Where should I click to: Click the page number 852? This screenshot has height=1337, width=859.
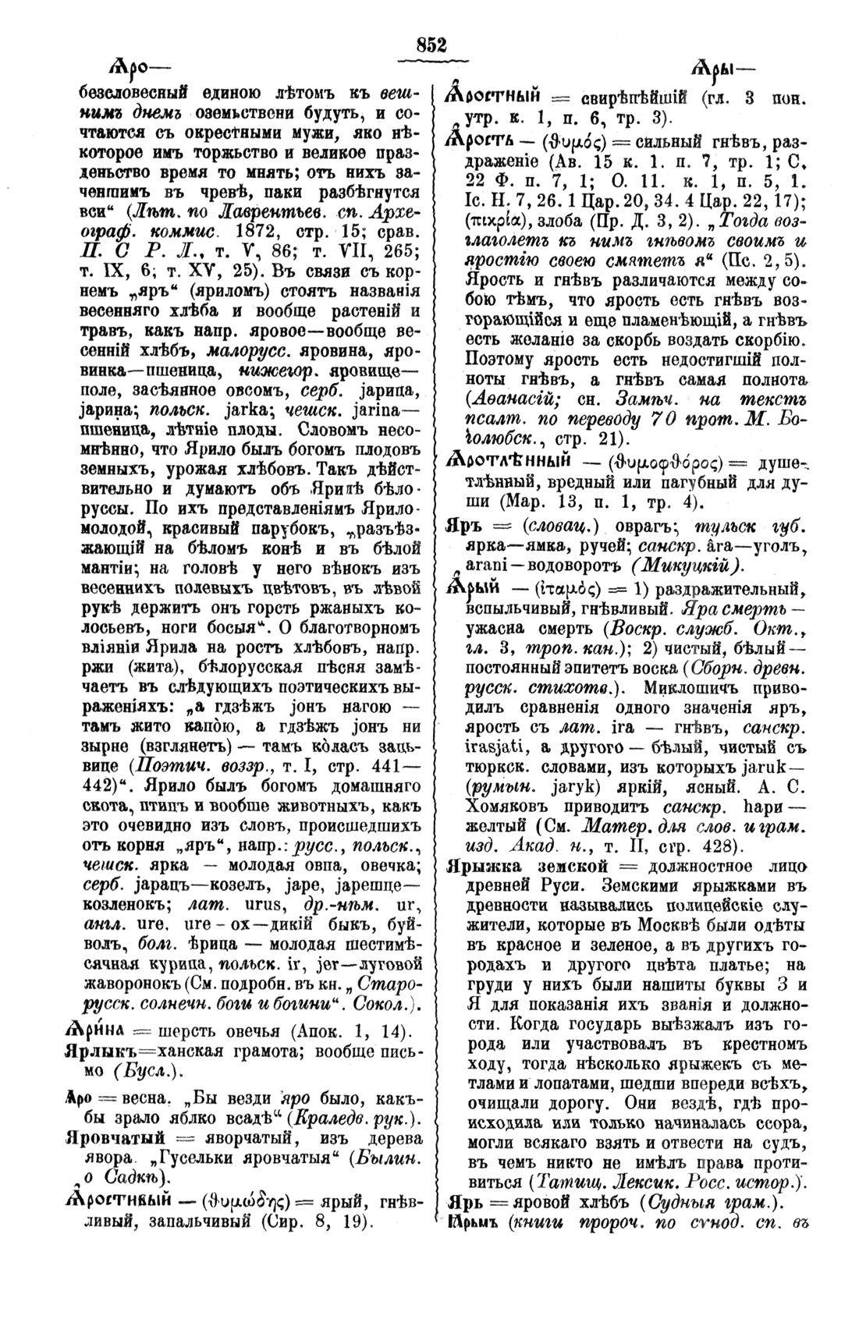coord(431,45)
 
